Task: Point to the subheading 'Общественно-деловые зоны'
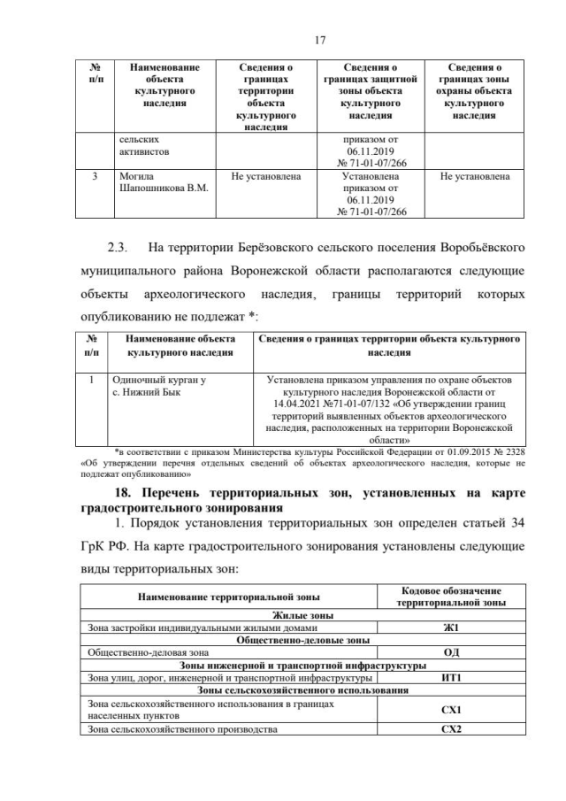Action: click(x=302, y=640)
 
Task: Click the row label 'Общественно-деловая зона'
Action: click(x=136, y=651)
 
